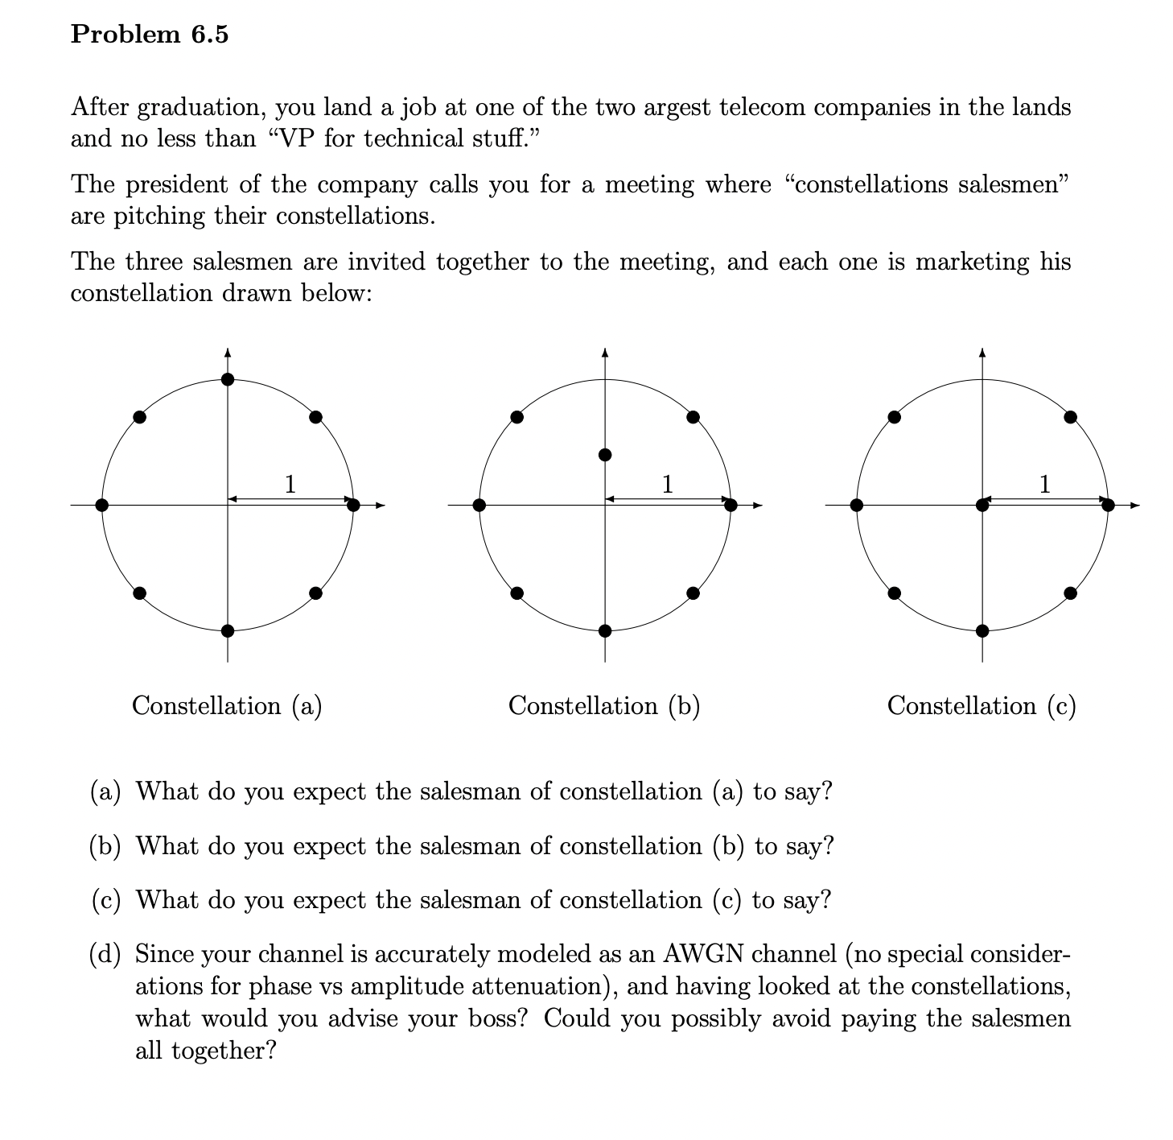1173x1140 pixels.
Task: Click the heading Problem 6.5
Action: click(150, 35)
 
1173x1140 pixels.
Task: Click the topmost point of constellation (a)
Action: click(228, 379)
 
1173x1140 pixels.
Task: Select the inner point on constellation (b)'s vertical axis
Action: click(605, 456)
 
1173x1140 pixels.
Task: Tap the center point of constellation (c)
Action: click(982, 505)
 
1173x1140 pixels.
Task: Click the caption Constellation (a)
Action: click(227, 706)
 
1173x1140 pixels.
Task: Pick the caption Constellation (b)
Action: click(604, 706)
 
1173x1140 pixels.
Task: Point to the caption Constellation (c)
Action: click(982, 706)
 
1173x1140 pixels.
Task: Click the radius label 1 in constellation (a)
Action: click(290, 484)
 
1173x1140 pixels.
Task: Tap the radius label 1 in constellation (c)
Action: click(1044, 484)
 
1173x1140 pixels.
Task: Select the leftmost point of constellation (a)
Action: click(101, 505)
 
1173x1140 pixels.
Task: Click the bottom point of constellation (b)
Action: click(605, 630)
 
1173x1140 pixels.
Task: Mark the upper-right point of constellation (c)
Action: click(1070, 416)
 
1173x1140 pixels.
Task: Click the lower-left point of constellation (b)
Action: click(517, 593)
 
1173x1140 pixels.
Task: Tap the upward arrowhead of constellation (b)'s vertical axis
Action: click(605, 352)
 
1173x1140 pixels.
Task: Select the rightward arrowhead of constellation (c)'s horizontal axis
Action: click(1134, 506)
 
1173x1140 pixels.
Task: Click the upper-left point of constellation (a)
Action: click(140, 416)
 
